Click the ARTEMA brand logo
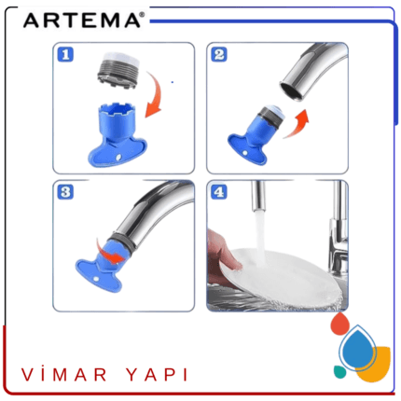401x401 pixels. [84, 21]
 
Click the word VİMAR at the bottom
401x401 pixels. [64, 375]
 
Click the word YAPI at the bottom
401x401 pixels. [158, 375]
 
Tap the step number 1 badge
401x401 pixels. [65, 55]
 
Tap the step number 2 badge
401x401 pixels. [219, 54]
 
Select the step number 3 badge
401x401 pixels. [65, 192]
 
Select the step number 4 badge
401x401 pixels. [219, 192]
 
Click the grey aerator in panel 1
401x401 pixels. [118, 70]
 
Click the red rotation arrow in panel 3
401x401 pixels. [110, 254]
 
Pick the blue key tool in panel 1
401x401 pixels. [117, 135]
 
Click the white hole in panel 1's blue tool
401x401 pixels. [118, 158]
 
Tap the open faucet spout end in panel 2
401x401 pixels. [291, 91]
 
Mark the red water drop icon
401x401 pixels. [340, 324]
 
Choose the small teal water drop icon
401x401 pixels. [340, 371]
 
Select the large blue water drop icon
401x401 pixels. [358, 348]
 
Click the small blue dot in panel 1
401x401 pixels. [173, 82]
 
